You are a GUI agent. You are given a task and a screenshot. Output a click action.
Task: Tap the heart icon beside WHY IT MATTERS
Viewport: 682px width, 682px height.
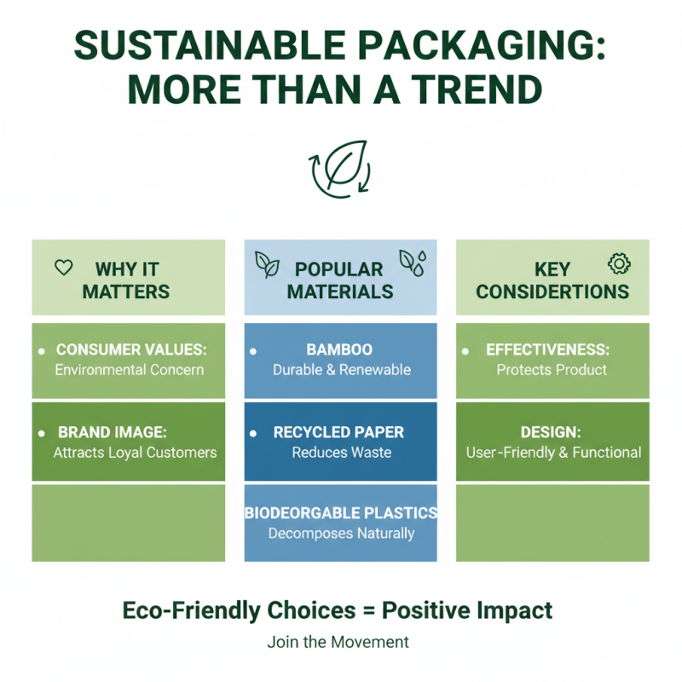tap(63, 268)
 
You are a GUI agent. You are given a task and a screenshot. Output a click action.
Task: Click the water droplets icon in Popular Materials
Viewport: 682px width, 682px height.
tap(413, 263)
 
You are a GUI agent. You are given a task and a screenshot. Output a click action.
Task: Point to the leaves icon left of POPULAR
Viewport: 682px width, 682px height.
tap(267, 265)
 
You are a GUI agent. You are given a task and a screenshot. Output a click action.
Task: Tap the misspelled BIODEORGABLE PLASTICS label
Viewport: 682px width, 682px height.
tap(341, 513)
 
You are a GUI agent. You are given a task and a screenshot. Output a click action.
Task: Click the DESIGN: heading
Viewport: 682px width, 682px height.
tap(552, 432)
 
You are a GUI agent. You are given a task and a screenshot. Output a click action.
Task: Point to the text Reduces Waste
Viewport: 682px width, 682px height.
tap(341, 453)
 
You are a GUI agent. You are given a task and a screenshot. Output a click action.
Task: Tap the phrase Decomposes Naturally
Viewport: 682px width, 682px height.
tap(341, 534)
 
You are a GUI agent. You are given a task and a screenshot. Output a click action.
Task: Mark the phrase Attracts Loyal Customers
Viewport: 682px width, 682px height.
tap(135, 453)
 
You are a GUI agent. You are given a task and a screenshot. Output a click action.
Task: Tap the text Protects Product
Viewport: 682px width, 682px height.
tap(552, 370)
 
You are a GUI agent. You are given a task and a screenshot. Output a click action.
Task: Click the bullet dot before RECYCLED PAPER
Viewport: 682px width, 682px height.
tap(253, 434)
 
